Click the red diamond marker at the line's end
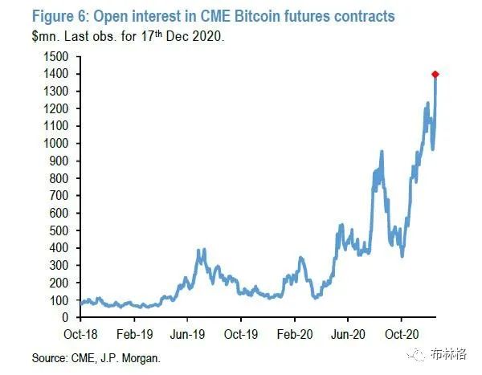[x=435, y=75]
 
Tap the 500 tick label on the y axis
[x=59, y=230]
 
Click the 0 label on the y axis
[x=64, y=318]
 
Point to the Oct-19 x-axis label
[x=242, y=332]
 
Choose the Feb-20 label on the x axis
[x=296, y=332]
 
